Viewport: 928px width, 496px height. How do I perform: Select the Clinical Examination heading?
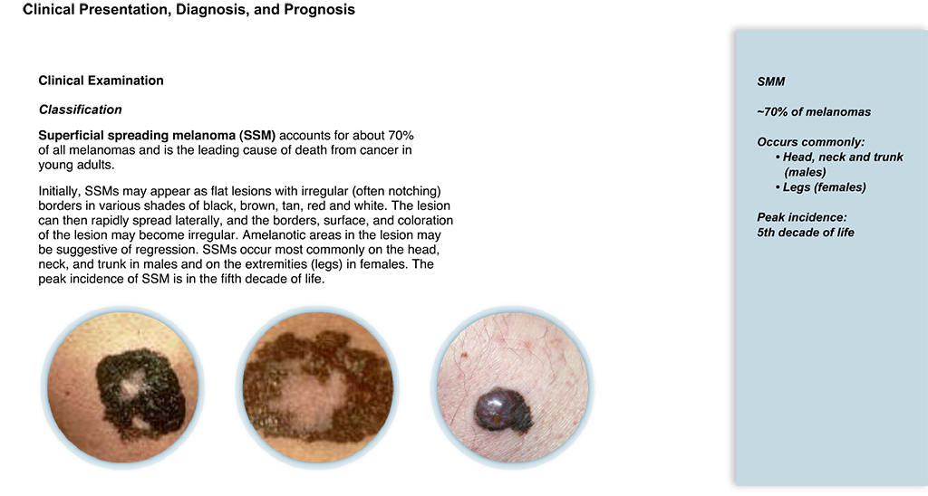pyautogui.click(x=101, y=81)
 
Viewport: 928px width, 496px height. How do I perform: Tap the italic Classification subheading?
pyautogui.click(x=80, y=110)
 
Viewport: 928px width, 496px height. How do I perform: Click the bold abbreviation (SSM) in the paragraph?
pyautogui.click(x=256, y=136)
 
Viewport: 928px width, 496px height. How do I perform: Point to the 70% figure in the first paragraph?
pyautogui.click(x=399, y=136)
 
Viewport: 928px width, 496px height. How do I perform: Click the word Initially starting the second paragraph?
pyautogui.click(x=60, y=192)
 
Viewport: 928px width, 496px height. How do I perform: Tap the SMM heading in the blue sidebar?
pyautogui.click(x=770, y=82)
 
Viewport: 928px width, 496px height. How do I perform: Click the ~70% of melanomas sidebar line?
pyautogui.click(x=814, y=112)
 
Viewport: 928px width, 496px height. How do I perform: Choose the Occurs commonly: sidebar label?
pyautogui.click(x=811, y=142)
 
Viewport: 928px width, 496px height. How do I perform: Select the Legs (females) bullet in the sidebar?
pyautogui.click(x=824, y=187)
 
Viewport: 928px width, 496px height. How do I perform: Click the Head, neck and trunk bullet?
pyautogui.click(x=843, y=157)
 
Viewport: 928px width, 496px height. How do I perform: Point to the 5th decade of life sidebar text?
pyautogui.click(x=806, y=233)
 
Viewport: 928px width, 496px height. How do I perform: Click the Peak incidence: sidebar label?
pyautogui.click(x=802, y=217)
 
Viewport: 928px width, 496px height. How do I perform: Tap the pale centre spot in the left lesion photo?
pyautogui.click(x=132, y=385)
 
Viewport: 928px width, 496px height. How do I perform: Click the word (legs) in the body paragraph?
pyautogui.click(x=326, y=263)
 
